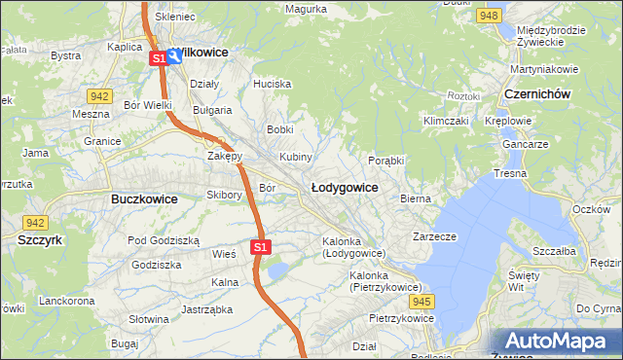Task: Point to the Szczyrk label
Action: (x=40, y=238)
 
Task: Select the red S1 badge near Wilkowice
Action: (x=158, y=58)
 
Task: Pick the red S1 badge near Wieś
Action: (x=259, y=247)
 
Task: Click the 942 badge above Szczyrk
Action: (x=35, y=223)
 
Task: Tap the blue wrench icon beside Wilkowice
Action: (x=174, y=56)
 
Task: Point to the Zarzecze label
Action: (x=434, y=235)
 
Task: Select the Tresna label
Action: (x=510, y=173)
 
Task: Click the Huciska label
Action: (x=273, y=84)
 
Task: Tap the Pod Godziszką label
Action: (x=164, y=240)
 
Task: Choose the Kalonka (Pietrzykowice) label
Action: (x=385, y=281)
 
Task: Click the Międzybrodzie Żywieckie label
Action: (x=551, y=36)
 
